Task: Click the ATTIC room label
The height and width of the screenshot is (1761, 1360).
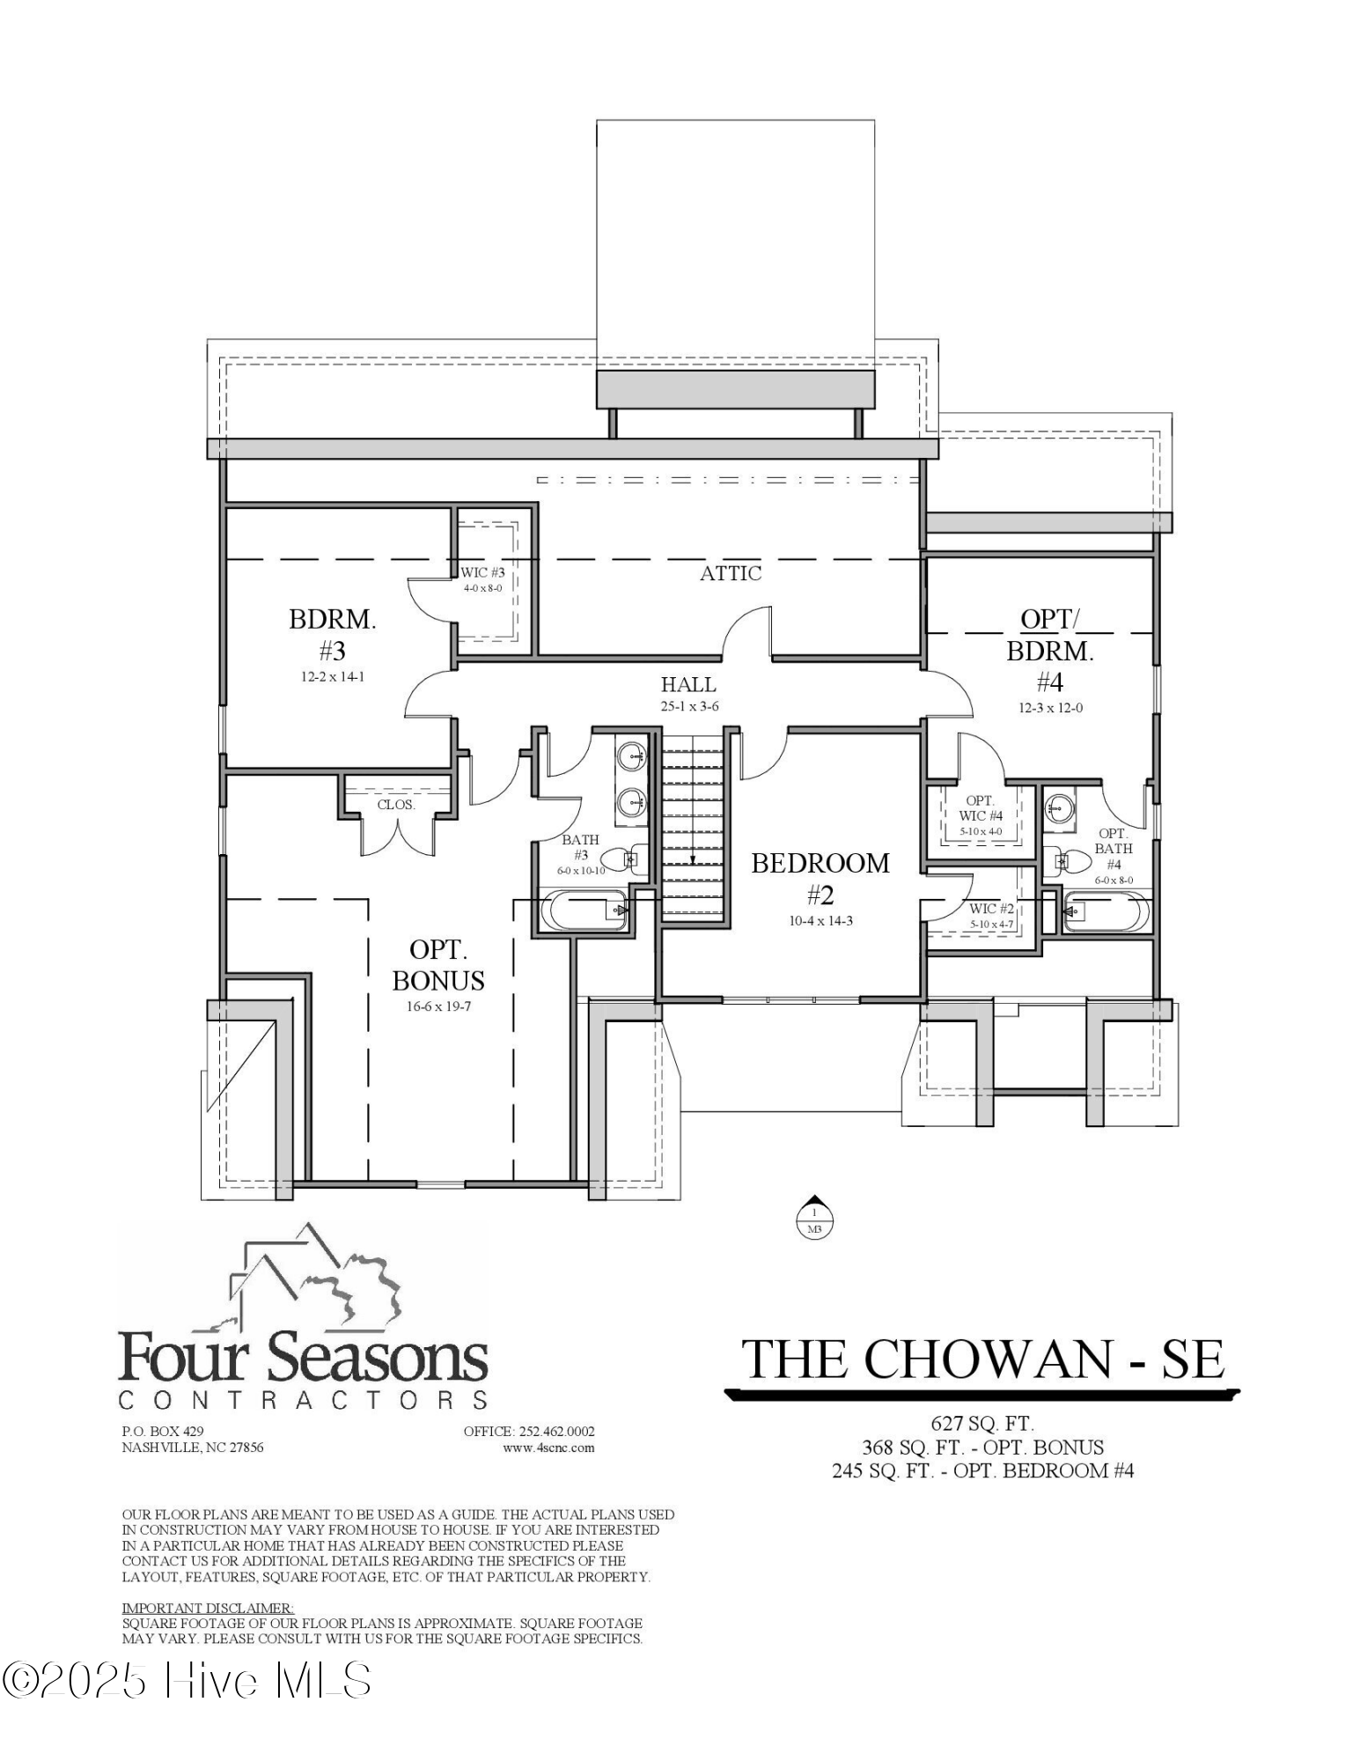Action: click(731, 573)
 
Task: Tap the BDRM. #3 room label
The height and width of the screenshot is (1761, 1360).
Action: click(332, 634)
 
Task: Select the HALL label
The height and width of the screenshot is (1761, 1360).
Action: click(688, 684)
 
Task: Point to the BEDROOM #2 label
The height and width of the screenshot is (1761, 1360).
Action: click(820, 879)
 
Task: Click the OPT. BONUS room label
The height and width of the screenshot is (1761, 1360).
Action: click(438, 965)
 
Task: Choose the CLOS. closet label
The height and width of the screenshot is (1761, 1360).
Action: click(396, 805)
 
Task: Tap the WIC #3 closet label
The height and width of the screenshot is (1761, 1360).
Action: click(482, 572)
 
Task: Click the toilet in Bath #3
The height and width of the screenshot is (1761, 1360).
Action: click(634, 858)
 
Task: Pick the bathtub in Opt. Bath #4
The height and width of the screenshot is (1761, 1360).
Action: click(1106, 911)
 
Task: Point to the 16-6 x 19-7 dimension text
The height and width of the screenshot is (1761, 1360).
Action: click(438, 1006)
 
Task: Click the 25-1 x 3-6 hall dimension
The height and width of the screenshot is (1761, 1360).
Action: click(688, 706)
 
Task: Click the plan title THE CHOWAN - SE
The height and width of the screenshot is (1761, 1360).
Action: click(982, 1359)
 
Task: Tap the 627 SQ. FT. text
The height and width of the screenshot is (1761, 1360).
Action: click(982, 1423)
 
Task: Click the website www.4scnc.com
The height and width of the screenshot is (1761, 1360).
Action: click(548, 1448)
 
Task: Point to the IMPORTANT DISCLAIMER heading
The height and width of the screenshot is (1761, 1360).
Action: click(208, 1608)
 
